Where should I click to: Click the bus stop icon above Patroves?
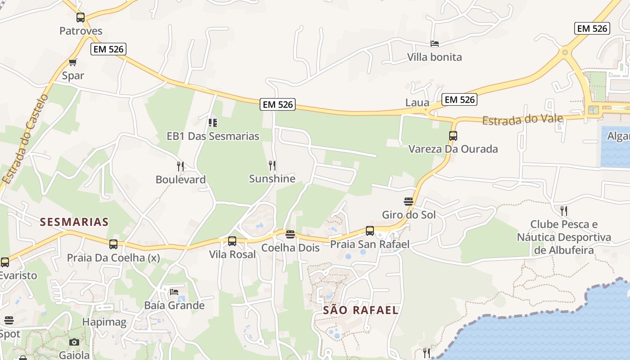click(x=81, y=18)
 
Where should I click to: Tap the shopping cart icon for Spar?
click(x=72, y=62)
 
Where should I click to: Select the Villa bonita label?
click(x=434, y=57)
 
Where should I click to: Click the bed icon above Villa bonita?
click(x=435, y=44)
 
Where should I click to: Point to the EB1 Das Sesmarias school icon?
click(x=213, y=122)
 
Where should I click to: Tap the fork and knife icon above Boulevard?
click(x=180, y=166)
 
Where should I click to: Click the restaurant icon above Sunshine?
click(x=272, y=166)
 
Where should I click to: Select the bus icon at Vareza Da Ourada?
click(x=453, y=135)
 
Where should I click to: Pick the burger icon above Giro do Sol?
click(x=409, y=201)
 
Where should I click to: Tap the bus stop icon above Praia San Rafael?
click(x=370, y=231)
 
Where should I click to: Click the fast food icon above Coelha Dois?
click(x=290, y=234)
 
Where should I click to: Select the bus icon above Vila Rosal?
click(x=232, y=241)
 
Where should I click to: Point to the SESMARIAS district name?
click(x=74, y=222)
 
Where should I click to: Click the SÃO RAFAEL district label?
click(x=361, y=310)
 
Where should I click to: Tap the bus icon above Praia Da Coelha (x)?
click(x=113, y=244)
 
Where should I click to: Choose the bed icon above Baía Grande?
click(x=174, y=292)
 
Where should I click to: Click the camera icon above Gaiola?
click(x=74, y=342)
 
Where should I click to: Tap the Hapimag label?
click(x=104, y=322)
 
